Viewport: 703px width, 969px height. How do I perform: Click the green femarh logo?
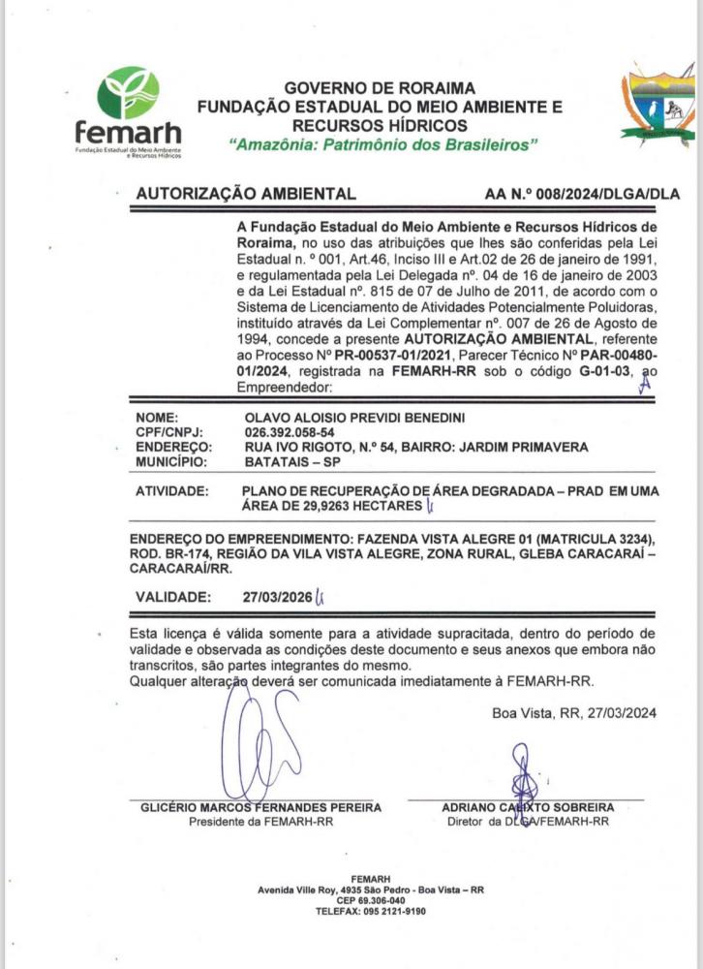pos(129,107)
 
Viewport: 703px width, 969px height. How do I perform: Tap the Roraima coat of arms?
pos(658,106)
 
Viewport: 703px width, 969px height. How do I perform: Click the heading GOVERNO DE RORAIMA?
pos(366,88)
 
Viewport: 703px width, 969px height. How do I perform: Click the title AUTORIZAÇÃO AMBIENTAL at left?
pos(246,194)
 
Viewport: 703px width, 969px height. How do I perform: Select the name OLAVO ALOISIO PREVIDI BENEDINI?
pos(355,418)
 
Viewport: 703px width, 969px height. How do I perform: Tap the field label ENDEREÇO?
pos(174,447)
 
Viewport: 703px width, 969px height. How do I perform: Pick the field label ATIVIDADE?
pos(171,491)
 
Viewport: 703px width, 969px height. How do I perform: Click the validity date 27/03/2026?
pos(278,597)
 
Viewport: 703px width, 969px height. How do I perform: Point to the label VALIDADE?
pos(172,597)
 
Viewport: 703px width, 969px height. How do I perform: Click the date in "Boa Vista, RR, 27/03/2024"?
pos(622,713)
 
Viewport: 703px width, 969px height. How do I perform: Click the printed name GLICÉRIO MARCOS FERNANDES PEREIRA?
pos(260,807)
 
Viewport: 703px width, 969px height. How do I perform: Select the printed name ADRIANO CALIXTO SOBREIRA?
pos(528,807)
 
